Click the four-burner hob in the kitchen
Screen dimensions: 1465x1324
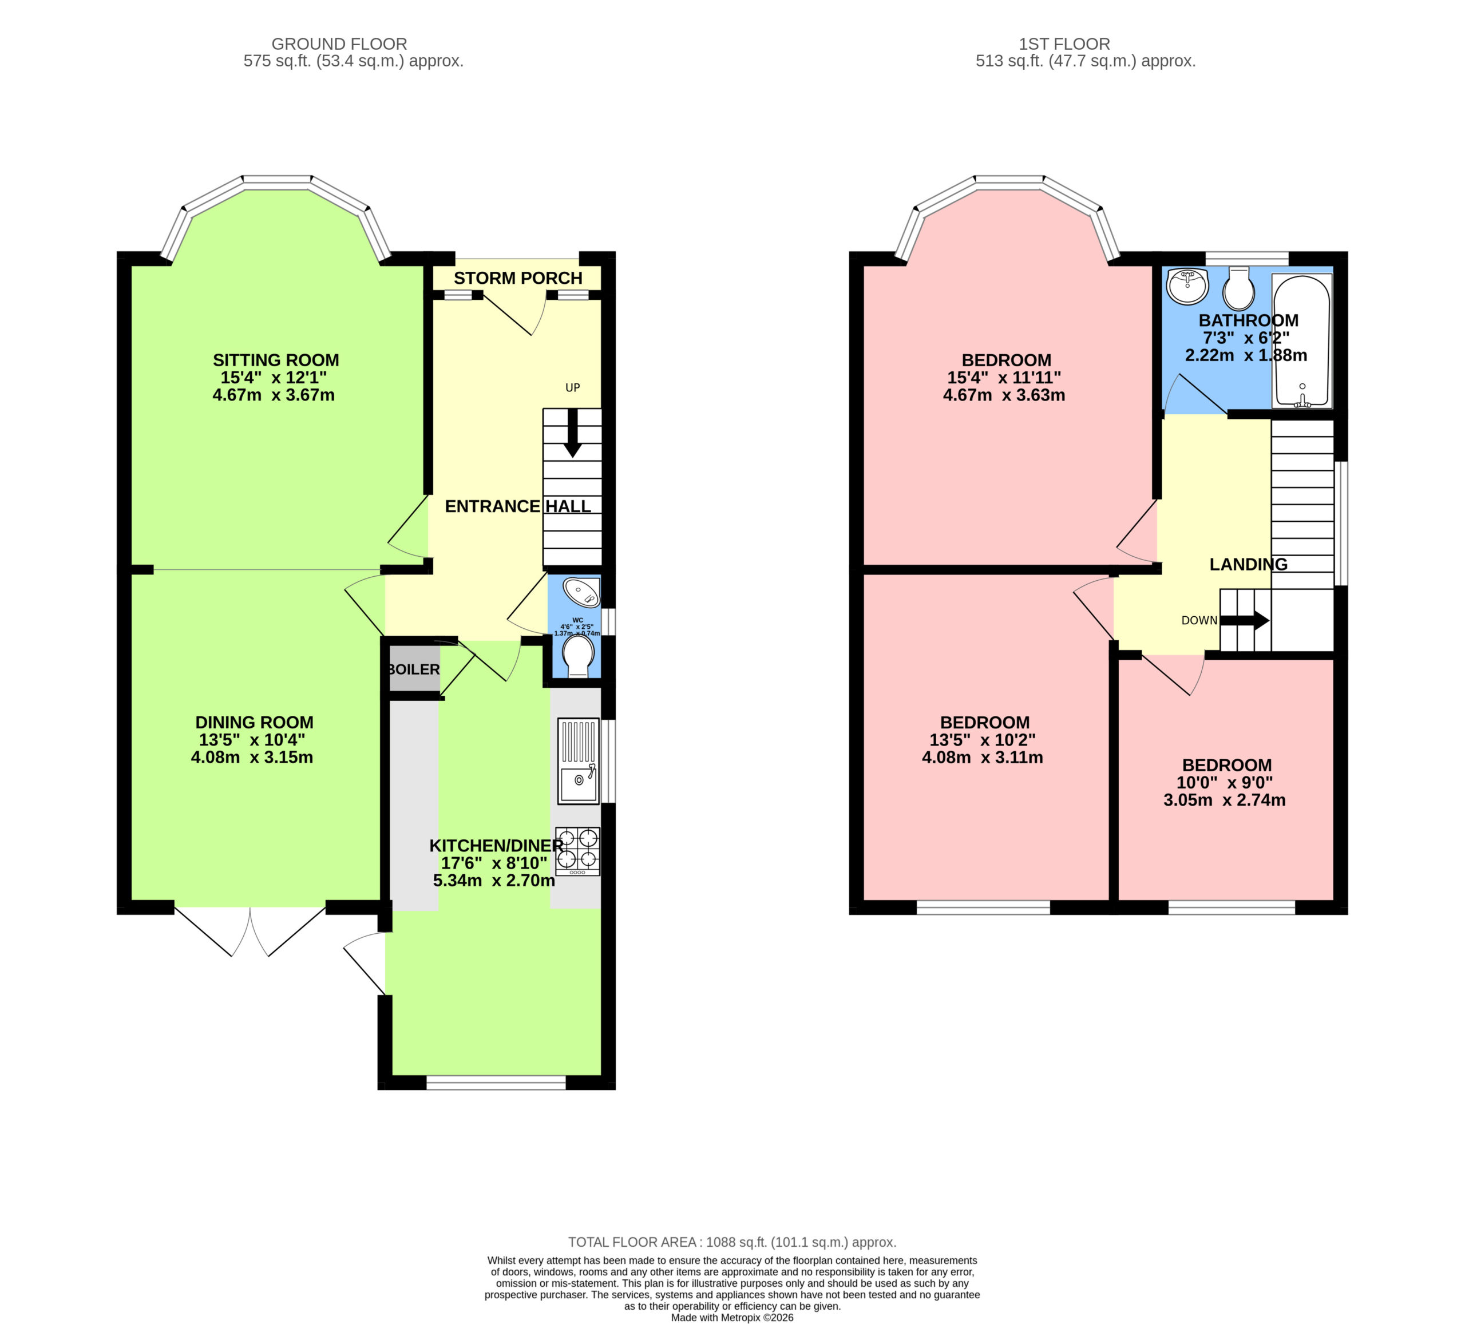click(578, 851)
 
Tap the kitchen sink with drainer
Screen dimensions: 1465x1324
click(579, 760)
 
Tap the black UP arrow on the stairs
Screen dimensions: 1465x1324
click(573, 433)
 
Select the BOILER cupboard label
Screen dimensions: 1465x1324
click(414, 669)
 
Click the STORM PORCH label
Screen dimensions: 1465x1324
click(518, 278)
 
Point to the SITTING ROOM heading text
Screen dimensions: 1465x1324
click(276, 360)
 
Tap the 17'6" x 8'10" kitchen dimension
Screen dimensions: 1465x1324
click(494, 863)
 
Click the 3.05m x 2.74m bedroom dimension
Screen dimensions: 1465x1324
click(1225, 800)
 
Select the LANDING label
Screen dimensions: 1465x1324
click(1249, 564)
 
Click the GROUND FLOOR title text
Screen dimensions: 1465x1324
click(339, 43)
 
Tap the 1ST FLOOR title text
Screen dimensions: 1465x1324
click(1064, 43)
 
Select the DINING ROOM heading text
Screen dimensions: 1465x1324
click(254, 722)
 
